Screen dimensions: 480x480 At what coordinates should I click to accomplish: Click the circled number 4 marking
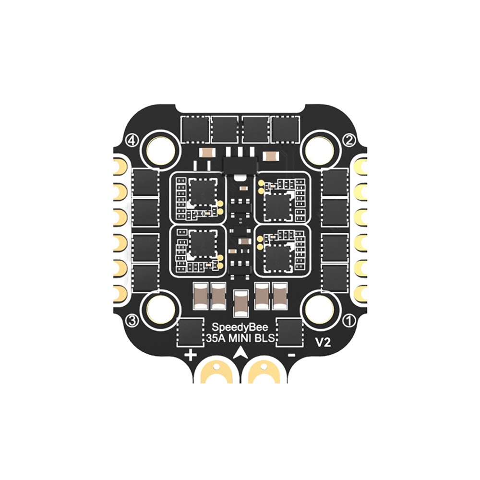click(x=132, y=141)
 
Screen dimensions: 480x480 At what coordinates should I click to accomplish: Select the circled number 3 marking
click(x=132, y=321)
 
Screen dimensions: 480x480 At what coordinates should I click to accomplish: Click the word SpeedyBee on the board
click(x=240, y=327)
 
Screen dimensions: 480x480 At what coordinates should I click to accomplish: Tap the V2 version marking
click(x=323, y=343)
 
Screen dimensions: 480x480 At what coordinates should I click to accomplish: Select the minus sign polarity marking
click(x=292, y=355)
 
